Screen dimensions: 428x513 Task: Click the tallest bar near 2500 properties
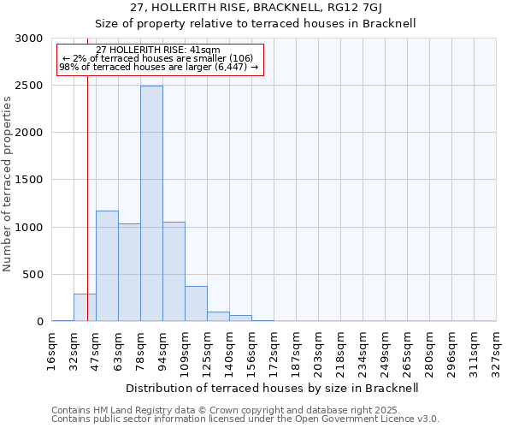[x=151, y=204]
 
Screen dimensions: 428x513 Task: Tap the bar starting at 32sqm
[x=85, y=307]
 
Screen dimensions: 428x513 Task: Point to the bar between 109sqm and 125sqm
[x=196, y=304]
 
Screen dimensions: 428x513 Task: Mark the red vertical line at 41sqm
[x=87, y=214]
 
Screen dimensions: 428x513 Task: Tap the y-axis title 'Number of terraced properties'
[x=8, y=184]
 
